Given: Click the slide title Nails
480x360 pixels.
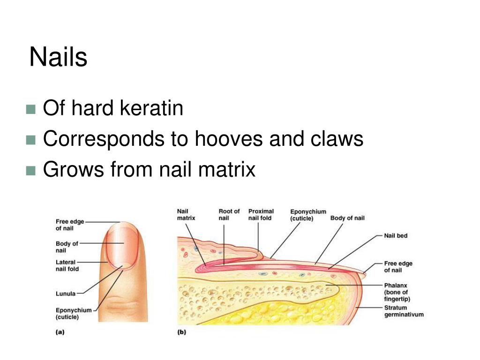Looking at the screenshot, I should pos(58,58).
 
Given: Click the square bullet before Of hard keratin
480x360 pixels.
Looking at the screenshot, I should pos(31,110).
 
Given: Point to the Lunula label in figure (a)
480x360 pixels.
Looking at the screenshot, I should pos(66,294).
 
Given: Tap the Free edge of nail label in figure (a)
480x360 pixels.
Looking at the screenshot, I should pos(70,225).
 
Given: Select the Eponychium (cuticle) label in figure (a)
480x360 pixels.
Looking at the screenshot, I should pos(74,313).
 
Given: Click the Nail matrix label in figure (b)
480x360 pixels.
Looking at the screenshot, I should pos(186,215).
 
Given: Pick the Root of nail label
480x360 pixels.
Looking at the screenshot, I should pos(229,215).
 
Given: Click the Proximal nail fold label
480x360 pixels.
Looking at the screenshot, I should pos(261,215).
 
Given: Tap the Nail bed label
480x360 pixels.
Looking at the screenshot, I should pos(396,236).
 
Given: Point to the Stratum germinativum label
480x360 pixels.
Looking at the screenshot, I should pos(404,311).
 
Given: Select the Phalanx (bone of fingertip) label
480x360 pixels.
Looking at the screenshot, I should pos(396,292).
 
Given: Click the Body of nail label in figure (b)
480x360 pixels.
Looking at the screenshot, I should pos(347,218).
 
